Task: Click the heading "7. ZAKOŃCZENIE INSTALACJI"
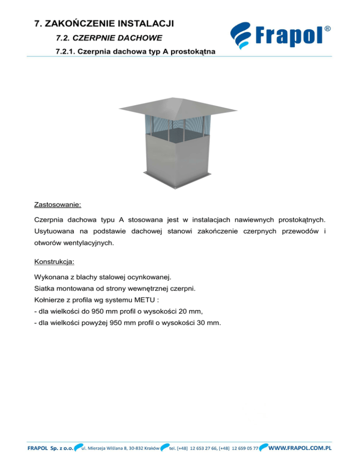(x=105, y=23)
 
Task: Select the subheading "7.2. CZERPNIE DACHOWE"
(x=96, y=37)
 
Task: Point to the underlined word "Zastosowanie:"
(x=58, y=205)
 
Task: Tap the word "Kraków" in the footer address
(x=149, y=448)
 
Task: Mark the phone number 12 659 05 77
(x=242, y=448)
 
